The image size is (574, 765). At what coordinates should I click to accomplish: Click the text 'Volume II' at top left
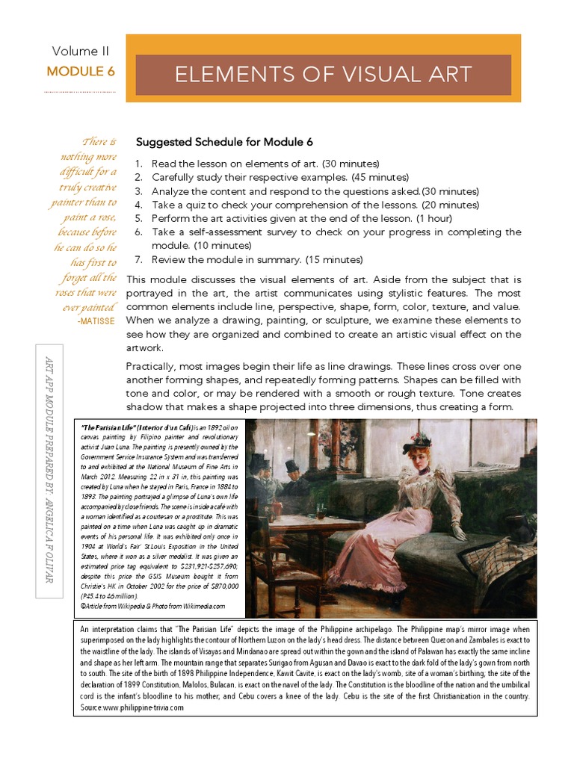point(80,52)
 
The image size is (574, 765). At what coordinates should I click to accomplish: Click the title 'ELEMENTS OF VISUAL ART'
point(323,75)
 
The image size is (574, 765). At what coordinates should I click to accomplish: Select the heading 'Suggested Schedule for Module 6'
point(223,142)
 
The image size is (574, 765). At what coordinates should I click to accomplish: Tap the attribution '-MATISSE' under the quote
point(96,319)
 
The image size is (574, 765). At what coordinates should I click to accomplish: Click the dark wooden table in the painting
point(321,523)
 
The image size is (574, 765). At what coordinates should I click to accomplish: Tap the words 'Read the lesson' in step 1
point(190,164)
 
